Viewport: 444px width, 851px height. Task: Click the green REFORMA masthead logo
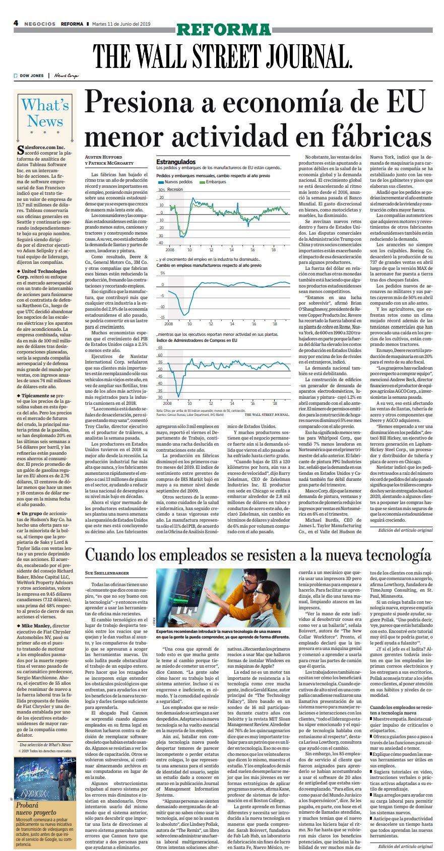(224, 29)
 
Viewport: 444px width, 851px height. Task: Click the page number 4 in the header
(16, 23)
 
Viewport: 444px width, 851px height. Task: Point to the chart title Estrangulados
(176, 162)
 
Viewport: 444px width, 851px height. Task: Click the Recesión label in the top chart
(175, 189)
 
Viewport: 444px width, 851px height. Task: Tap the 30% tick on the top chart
(161, 190)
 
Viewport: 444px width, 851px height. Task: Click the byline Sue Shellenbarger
(107, 573)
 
